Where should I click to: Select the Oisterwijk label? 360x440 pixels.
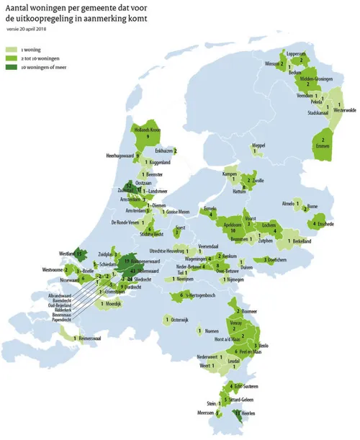pos(184,318)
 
